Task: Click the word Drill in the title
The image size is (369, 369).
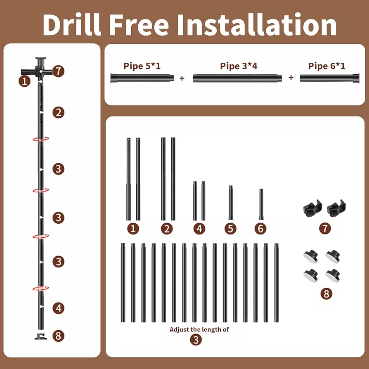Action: pyautogui.click(x=72, y=25)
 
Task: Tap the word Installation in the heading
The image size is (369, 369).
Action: pyautogui.click(x=257, y=25)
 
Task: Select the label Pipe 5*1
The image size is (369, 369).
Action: pyautogui.click(x=142, y=66)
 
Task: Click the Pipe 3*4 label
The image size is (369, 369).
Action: pyautogui.click(x=239, y=66)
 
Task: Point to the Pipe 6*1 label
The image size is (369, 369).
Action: pyautogui.click(x=326, y=66)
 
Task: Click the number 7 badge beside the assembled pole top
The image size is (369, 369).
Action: pyautogui.click(x=58, y=71)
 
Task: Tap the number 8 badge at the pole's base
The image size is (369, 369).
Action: pyautogui.click(x=58, y=336)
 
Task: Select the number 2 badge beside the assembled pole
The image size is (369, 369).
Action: pyautogui.click(x=58, y=113)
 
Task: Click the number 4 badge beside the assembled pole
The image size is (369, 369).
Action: pyautogui.click(x=58, y=308)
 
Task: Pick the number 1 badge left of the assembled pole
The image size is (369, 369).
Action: pyautogui.click(x=24, y=81)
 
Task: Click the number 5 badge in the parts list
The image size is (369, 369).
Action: pyautogui.click(x=230, y=229)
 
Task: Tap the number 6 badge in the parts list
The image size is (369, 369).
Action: pyautogui.click(x=260, y=229)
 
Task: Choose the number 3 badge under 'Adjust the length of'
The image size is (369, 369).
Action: pyautogui.click(x=196, y=340)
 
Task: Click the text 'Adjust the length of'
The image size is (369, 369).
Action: pyautogui.click(x=199, y=329)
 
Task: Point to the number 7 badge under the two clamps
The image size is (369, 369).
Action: pyautogui.click(x=325, y=229)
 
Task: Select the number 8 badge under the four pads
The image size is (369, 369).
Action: pyautogui.click(x=326, y=294)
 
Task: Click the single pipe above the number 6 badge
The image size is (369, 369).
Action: pyautogui.click(x=261, y=204)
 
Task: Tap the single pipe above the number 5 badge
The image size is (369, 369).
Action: pyautogui.click(x=231, y=203)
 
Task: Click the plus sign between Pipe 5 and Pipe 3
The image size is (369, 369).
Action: pyautogui.click(x=182, y=78)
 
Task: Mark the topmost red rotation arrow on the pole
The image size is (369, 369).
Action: pyautogui.click(x=41, y=139)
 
